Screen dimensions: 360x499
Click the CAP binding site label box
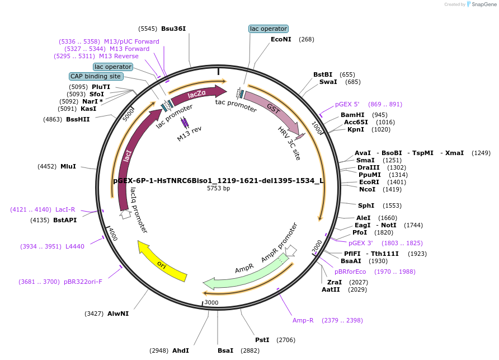(x=96, y=76)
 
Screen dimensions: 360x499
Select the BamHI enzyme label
(x=352, y=115)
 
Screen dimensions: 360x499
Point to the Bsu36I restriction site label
(x=173, y=29)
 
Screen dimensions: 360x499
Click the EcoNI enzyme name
(x=281, y=39)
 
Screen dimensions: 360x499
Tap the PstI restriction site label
(x=262, y=340)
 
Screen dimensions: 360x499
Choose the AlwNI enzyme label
(x=118, y=314)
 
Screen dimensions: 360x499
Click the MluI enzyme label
(x=68, y=166)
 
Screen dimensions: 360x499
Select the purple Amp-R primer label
(x=303, y=320)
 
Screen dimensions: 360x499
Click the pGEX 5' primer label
(x=347, y=104)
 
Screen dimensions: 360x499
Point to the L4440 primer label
(x=75, y=246)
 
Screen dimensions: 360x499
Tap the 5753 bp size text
(x=218, y=188)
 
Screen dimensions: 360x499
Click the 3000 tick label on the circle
(x=211, y=302)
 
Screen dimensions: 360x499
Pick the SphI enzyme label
(x=366, y=205)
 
